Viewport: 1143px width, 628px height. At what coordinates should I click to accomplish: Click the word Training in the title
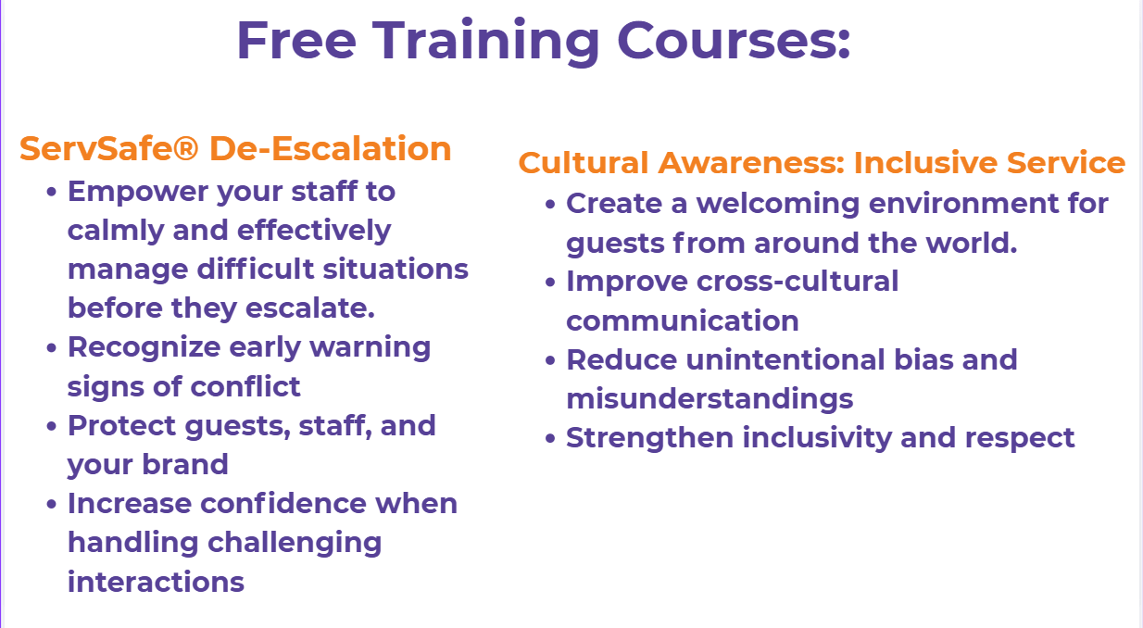tap(485, 42)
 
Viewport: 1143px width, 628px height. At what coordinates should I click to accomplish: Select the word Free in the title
tap(296, 41)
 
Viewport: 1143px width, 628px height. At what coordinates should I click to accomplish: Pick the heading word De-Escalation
tap(331, 148)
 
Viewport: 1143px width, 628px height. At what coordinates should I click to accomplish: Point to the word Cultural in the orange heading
tap(584, 163)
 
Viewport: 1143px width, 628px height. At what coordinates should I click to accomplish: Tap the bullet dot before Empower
tap(51, 193)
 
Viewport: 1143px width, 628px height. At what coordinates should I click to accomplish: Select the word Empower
tap(138, 193)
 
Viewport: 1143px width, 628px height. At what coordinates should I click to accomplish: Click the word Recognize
tap(144, 348)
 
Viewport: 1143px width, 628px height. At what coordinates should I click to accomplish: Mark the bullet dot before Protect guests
tap(51, 426)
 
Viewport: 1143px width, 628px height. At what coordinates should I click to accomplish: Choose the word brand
tap(184, 464)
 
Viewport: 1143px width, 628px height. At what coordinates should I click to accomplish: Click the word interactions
tap(156, 582)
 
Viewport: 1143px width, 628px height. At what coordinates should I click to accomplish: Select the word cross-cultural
tap(797, 281)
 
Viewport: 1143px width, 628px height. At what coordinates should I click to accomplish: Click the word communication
tap(683, 320)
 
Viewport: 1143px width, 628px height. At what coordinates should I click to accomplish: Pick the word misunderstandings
tap(710, 398)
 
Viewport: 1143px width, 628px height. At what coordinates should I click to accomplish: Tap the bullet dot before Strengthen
tap(549, 438)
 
